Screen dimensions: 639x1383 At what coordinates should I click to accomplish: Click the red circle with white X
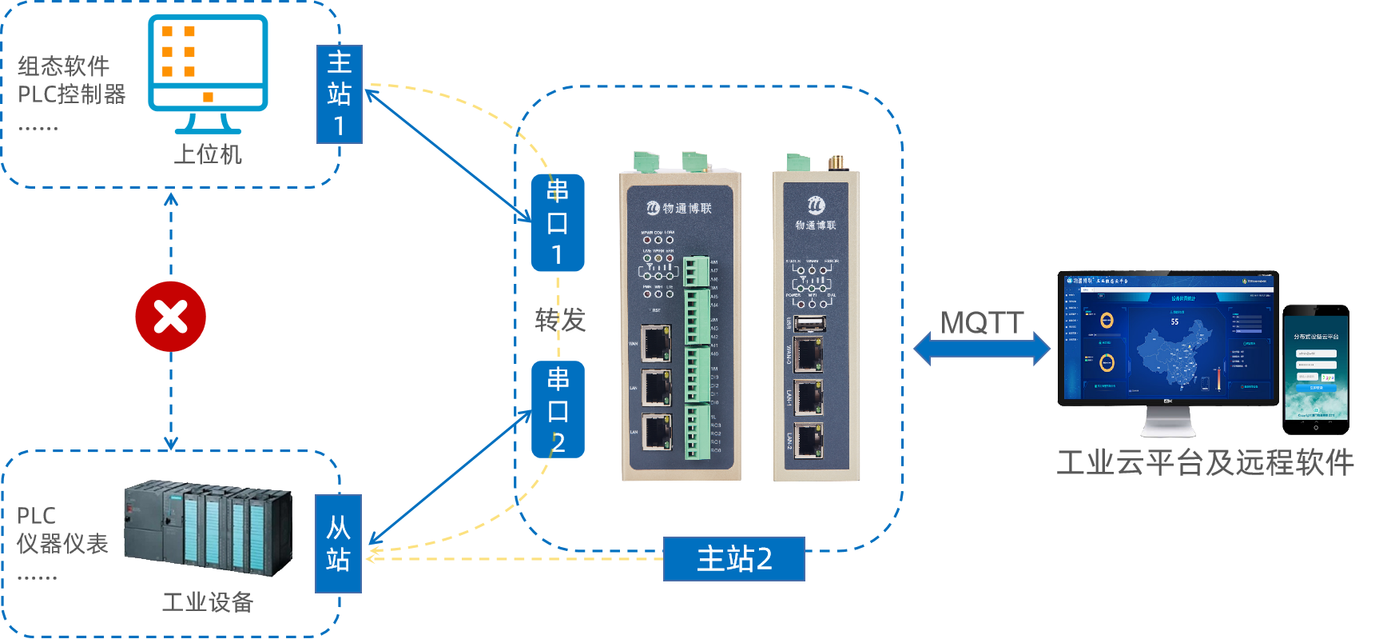pyautogui.click(x=170, y=317)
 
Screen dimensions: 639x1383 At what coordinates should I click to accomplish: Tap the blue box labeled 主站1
pyautogui.click(x=340, y=94)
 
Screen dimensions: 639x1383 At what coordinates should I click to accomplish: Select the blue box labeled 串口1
pyautogui.click(x=558, y=222)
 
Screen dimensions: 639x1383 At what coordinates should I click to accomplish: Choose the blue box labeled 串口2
pyautogui.click(x=558, y=409)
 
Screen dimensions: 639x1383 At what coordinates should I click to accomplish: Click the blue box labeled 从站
pyautogui.click(x=339, y=544)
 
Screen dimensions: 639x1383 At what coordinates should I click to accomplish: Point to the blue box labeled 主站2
pyautogui.click(x=733, y=558)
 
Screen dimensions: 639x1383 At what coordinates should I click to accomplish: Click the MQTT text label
pyautogui.click(x=982, y=323)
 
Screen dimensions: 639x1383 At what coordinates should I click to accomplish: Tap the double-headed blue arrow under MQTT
pyautogui.click(x=982, y=349)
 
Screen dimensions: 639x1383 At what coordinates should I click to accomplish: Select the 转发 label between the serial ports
pyautogui.click(x=560, y=320)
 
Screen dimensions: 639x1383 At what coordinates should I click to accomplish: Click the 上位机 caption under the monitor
pyautogui.click(x=208, y=154)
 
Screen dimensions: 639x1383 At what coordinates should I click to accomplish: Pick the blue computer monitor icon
pyautogui.click(x=208, y=72)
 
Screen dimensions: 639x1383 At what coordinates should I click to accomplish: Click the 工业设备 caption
pyautogui.click(x=208, y=601)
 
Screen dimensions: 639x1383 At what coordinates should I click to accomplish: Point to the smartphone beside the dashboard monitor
pyautogui.click(x=1315, y=368)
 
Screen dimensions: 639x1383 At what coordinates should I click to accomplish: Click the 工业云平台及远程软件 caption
pyautogui.click(x=1205, y=462)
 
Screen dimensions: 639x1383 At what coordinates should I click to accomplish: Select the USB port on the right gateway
pyautogui.click(x=809, y=323)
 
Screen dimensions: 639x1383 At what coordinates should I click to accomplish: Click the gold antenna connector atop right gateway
pyautogui.click(x=837, y=162)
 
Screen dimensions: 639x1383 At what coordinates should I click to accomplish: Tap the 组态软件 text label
pyautogui.click(x=64, y=66)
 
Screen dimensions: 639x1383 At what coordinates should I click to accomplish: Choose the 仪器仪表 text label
pyautogui.click(x=62, y=544)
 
